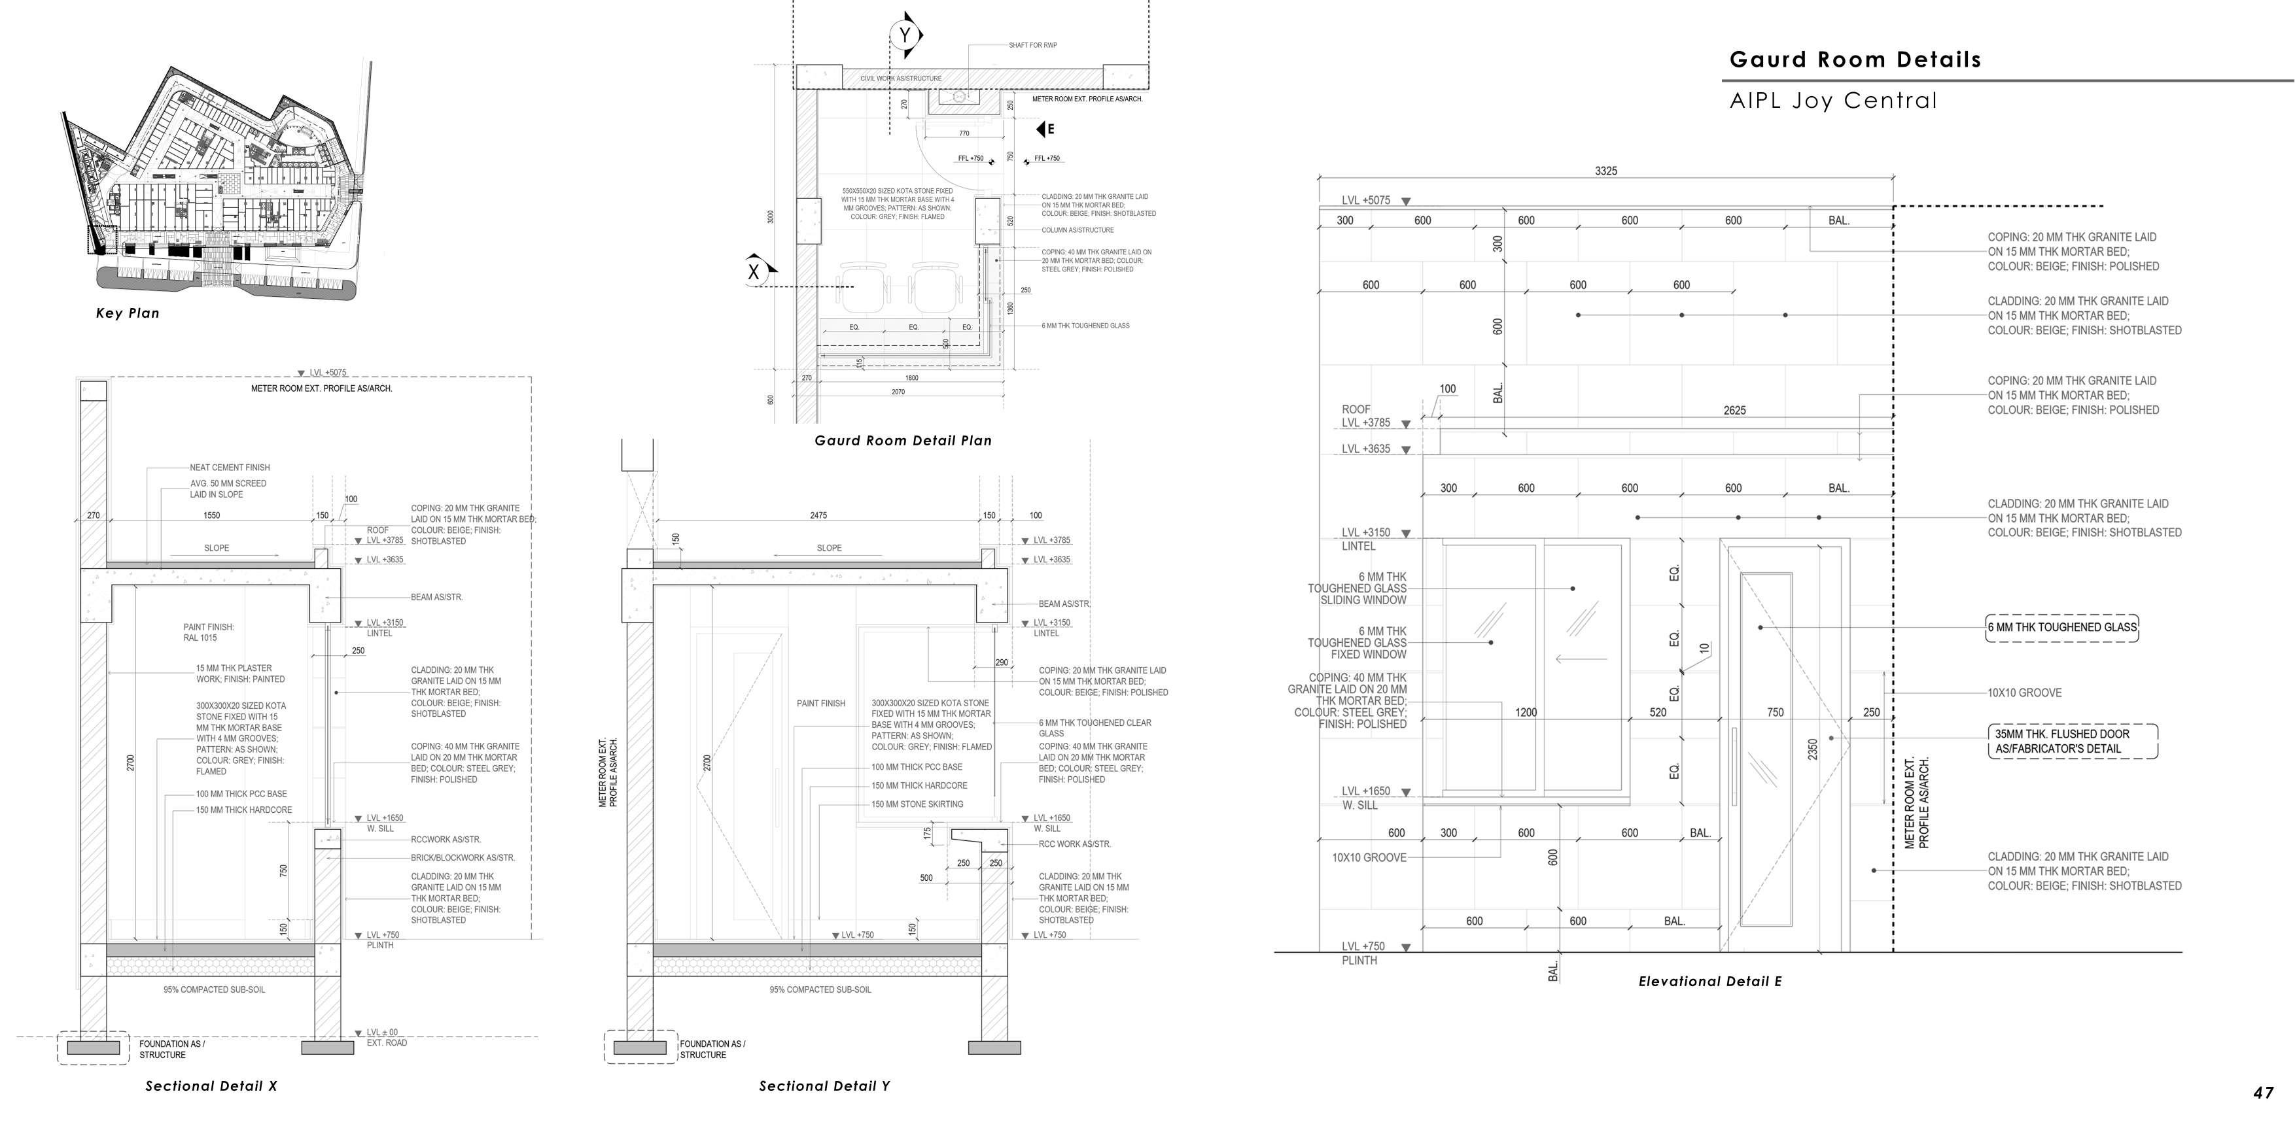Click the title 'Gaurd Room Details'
1855,60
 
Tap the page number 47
2264,1093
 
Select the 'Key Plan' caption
128,313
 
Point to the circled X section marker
754,271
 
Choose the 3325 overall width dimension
1605,171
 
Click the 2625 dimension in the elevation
1734,411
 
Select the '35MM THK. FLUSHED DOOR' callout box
2073,741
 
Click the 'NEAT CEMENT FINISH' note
229,468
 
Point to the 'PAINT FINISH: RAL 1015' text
209,632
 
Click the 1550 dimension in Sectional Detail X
211,515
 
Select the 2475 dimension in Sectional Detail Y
818,515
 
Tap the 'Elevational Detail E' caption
1709,982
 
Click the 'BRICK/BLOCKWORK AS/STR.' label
463,857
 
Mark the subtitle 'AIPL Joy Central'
1832,101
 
